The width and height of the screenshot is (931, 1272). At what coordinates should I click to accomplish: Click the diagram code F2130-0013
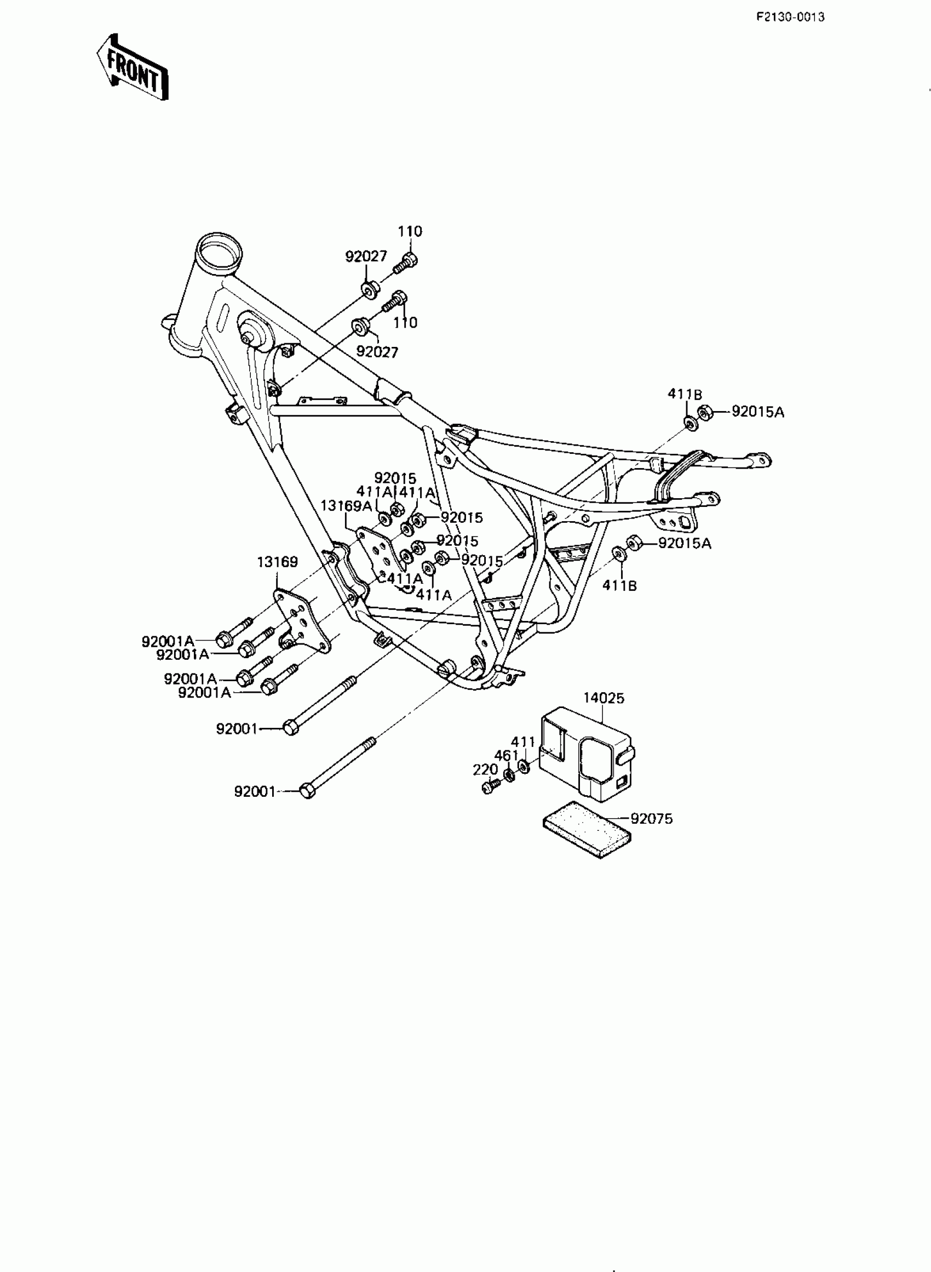(790, 17)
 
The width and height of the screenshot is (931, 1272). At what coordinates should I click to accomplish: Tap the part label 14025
(604, 698)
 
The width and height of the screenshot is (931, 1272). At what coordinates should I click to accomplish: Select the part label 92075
(652, 819)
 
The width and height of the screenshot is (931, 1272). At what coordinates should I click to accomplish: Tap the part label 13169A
(346, 506)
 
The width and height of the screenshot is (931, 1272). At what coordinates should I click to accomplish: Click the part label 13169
(277, 562)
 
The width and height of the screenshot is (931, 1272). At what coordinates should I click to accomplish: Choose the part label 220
(485, 769)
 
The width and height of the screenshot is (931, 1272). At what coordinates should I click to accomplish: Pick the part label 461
(506, 756)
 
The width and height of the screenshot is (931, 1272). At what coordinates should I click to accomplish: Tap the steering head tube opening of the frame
(219, 248)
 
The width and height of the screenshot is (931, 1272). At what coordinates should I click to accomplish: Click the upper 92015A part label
(758, 412)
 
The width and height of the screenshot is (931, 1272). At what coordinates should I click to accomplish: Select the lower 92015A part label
(685, 544)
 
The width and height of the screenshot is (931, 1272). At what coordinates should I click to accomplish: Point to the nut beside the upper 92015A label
(704, 413)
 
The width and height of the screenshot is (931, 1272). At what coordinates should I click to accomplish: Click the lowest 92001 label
(255, 791)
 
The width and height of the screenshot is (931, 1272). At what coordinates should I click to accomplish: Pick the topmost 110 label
(410, 231)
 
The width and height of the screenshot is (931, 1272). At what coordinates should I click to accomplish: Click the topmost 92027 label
(366, 256)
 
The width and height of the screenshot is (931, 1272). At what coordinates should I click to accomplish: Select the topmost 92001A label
(168, 641)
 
